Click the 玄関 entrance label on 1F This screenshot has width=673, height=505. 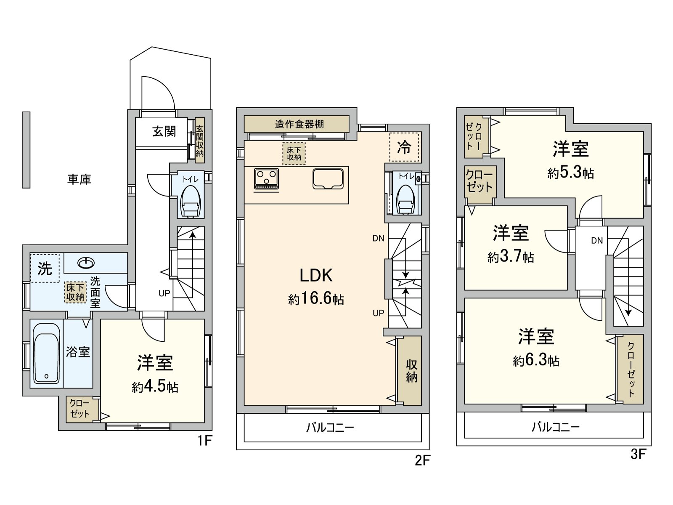pyautogui.click(x=164, y=132)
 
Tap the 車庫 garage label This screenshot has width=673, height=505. pyautogui.click(x=79, y=180)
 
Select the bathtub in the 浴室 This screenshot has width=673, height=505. pyautogui.click(x=46, y=353)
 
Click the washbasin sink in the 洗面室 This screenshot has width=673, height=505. pyautogui.click(x=86, y=263)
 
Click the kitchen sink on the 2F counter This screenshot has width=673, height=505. pyautogui.click(x=331, y=179)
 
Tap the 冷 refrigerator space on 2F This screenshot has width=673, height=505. pyautogui.click(x=404, y=147)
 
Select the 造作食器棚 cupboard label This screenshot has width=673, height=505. pyautogui.click(x=299, y=124)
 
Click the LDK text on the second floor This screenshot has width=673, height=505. pyautogui.click(x=316, y=276)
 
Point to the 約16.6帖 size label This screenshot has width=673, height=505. pyautogui.click(x=316, y=299)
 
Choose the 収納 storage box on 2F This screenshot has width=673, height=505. pyautogui.click(x=411, y=371)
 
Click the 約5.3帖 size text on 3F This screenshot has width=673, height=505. pyautogui.click(x=570, y=173)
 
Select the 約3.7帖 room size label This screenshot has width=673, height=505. pyautogui.click(x=511, y=257)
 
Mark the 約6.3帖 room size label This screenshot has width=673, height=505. pyautogui.click(x=536, y=361)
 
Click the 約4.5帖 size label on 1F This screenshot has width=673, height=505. pyautogui.click(x=155, y=387)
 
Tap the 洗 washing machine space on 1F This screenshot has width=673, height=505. pyautogui.click(x=45, y=268)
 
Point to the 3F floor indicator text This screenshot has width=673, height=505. pyautogui.click(x=638, y=454)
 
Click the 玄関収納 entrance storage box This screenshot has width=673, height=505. pyautogui.click(x=199, y=141)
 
